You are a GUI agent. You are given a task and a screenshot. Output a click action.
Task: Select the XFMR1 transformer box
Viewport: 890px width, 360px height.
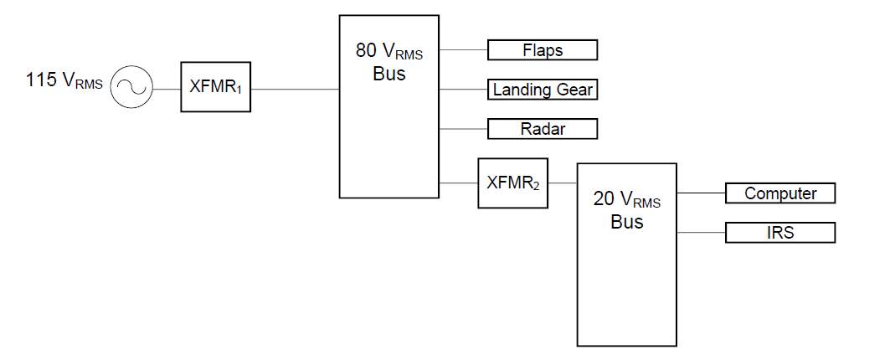tap(216, 86)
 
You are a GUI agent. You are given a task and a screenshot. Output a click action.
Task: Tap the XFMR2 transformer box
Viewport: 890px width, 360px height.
tap(513, 183)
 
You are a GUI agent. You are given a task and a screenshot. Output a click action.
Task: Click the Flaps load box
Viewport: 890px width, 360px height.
tap(543, 50)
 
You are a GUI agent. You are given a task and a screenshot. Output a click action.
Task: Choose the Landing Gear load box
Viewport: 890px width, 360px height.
tap(543, 89)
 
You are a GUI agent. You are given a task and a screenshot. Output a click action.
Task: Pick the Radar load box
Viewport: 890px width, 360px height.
tap(543, 129)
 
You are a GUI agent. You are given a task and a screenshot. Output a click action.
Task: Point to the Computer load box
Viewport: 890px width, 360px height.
tap(780, 193)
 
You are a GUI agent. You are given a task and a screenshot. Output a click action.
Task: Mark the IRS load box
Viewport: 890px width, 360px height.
tap(780, 233)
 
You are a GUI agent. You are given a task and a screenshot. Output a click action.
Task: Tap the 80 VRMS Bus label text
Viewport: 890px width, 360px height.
tap(388, 63)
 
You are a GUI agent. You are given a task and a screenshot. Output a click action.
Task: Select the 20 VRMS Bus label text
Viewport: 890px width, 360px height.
tap(626, 210)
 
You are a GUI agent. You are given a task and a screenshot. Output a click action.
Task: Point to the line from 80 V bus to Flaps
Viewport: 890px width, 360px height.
tap(463, 50)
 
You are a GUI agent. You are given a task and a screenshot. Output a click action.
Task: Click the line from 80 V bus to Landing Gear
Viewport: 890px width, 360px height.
tap(463, 89)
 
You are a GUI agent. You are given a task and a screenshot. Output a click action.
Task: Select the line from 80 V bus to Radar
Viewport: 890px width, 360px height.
tap(463, 129)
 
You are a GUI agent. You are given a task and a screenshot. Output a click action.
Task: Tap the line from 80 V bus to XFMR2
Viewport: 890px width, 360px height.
tap(458, 183)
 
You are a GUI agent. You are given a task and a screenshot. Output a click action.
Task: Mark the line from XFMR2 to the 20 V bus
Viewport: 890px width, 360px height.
tap(563, 183)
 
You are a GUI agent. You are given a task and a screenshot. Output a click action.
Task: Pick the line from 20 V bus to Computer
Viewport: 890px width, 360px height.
tap(700, 193)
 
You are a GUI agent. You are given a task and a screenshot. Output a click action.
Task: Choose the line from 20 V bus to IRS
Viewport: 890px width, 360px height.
tap(700, 233)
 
